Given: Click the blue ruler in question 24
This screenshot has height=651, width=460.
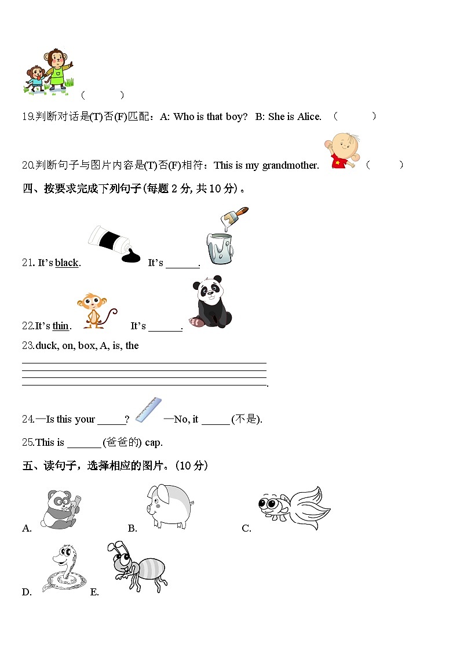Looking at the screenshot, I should click(x=148, y=409).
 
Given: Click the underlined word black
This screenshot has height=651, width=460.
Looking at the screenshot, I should click(x=67, y=263).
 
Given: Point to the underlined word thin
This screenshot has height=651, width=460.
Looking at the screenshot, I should click(x=61, y=326).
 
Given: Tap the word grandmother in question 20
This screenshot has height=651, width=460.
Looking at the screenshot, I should click(x=290, y=165).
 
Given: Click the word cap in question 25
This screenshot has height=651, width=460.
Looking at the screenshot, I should click(x=153, y=442).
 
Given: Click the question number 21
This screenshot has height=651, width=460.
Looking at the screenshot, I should click(x=28, y=263).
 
